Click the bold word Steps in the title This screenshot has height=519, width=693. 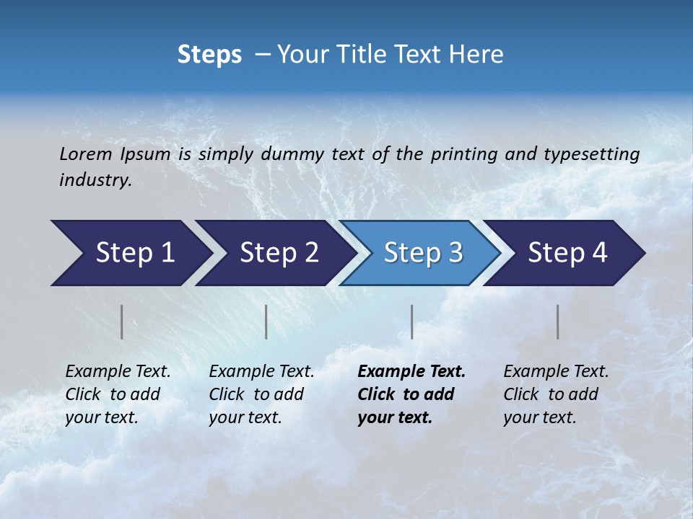[209, 55]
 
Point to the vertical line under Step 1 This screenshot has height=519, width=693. [122, 321]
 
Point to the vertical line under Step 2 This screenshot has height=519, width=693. [266, 321]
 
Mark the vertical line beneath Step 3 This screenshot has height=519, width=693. [411, 321]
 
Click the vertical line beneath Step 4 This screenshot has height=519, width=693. [557, 321]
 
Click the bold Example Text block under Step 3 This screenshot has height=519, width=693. [411, 394]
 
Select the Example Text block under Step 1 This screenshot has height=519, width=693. [118, 394]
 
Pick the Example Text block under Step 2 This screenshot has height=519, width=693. [261, 394]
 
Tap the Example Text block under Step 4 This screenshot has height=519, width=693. [556, 394]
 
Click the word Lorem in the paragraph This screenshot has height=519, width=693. [85, 154]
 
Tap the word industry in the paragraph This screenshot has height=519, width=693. [95, 180]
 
